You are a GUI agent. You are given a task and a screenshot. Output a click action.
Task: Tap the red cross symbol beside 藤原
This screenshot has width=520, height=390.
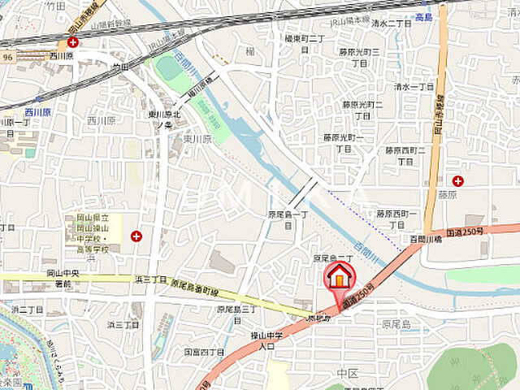point(458,180)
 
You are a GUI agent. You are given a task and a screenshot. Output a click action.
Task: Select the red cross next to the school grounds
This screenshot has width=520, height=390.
point(136,236)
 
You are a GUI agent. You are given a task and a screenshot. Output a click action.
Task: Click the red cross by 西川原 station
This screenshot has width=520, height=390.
point(73,41)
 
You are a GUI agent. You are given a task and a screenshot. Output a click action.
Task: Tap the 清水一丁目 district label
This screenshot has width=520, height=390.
point(414,86)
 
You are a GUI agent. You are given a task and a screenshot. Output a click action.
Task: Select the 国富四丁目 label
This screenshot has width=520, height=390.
point(204,352)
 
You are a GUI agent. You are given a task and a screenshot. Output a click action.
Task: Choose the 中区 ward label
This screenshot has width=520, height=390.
point(347,374)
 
